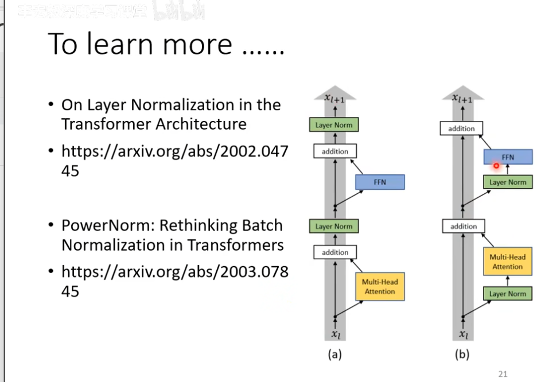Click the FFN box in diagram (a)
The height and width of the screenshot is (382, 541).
(380, 182)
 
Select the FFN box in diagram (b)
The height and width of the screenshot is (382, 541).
(508, 157)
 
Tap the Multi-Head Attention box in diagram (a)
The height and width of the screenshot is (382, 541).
(380, 287)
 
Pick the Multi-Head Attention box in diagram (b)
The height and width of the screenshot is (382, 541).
(508, 262)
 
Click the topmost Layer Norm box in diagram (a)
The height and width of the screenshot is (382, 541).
(334, 125)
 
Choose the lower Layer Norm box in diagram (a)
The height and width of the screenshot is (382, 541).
(334, 227)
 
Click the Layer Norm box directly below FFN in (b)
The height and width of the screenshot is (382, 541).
(508, 182)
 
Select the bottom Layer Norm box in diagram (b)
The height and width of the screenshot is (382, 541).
(508, 294)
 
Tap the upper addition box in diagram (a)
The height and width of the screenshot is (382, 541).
(335, 151)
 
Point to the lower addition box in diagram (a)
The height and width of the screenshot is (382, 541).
(335, 252)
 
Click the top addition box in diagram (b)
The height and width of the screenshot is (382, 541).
(462, 128)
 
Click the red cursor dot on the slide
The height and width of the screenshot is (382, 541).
(496, 166)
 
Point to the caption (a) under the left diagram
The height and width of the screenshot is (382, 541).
(334, 354)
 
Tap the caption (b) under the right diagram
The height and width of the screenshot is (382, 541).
(462, 354)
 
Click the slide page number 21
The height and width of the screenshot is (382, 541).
(503, 374)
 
